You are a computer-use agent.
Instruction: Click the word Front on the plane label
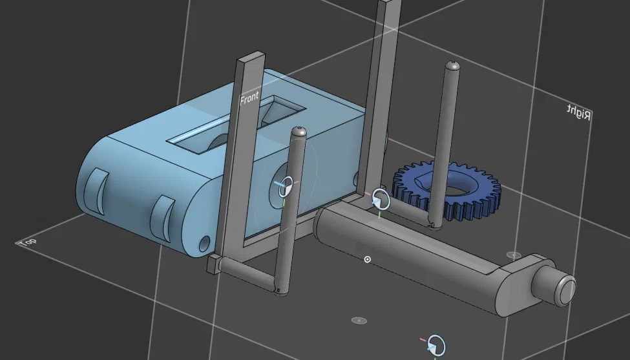coord(249,98)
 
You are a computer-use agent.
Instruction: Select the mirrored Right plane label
coord(579,112)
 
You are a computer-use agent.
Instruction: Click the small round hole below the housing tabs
coord(204,243)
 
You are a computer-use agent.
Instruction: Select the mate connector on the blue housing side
coord(284,185)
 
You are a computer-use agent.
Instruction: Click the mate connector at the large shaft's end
coord(381,199)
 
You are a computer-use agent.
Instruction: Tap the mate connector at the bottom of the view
coord(437,344)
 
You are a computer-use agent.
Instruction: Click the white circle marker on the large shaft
coord(368,259)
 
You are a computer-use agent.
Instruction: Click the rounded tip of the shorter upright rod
coord(298,131)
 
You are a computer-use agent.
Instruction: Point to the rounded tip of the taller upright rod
coord(453,65)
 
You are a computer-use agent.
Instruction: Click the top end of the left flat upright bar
coord(249,60)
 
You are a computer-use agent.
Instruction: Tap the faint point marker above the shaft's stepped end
coord(514,255)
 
